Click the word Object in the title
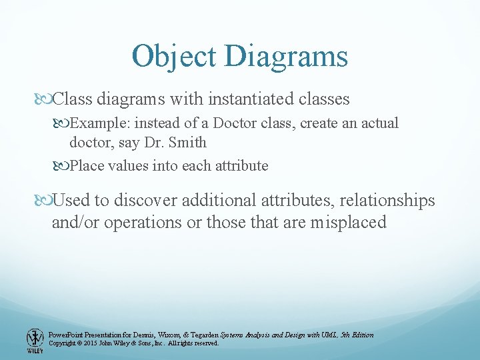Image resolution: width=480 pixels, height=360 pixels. click(x=175, y=56)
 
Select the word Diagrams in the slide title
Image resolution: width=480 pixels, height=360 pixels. click(x=287, y=56)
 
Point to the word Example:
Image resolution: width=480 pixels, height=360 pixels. click(x=98, y=123)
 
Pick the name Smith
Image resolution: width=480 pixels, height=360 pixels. click(x=188, y=142)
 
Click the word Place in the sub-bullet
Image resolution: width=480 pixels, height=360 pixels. click(x=87, y=165)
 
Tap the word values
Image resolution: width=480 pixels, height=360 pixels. click(x=129, y=165)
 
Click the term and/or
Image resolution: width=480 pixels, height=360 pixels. click(x=74, y=222)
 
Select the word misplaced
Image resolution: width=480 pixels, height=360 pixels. click(x=348, y=222)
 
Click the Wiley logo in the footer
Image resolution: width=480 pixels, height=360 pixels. click(x=35, y=340)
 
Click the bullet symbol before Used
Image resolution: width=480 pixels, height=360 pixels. click(x=44, y=200)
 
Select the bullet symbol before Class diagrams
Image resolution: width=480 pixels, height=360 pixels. click(x=44, y=99)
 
